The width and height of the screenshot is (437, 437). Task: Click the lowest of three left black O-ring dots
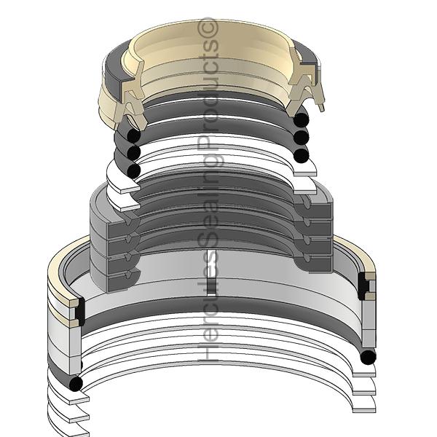click(133, 169)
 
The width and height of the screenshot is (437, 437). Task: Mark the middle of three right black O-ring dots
click(301, 137)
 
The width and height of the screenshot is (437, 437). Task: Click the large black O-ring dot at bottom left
click(76, 383)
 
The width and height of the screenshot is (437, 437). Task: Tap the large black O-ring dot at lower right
click(368, 357)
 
